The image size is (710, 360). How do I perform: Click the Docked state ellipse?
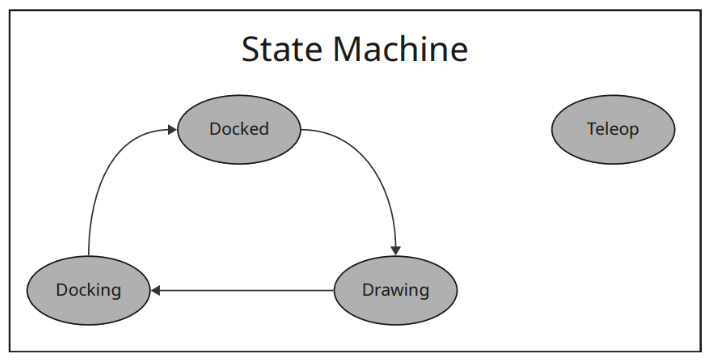pyautogui.click(x=239, y=130)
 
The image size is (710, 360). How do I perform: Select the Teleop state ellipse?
pyautogui.click(x=612, y=130)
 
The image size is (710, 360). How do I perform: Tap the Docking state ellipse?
pyautogui.click(x=88, y=291)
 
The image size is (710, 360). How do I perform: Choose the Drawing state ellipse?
pyautogui.click(x=395, y=291)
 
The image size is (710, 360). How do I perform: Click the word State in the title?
pyautogui.click(x=283, y=50)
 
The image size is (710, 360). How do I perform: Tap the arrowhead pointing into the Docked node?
pyautogui.click(x=171, y=130)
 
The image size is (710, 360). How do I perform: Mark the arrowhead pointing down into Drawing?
pyautogui.click(x=396, y=250)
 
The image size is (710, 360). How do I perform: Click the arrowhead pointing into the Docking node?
pyautogui.click(x=156, y=291)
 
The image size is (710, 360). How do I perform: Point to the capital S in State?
pyautogui.click(x=252, y=50)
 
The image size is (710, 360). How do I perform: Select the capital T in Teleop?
pyautogui.click(x=591, y=129)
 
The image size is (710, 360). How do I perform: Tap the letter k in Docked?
pyautogui.click(x=245, y=129)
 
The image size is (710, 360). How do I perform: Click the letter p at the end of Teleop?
pyautogui.click(x=633, y=131)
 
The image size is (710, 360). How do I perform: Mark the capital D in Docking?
pyautogui.click(x=61, y=291)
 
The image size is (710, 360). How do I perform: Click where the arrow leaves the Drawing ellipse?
pyautogui.click(x=334, y=291)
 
